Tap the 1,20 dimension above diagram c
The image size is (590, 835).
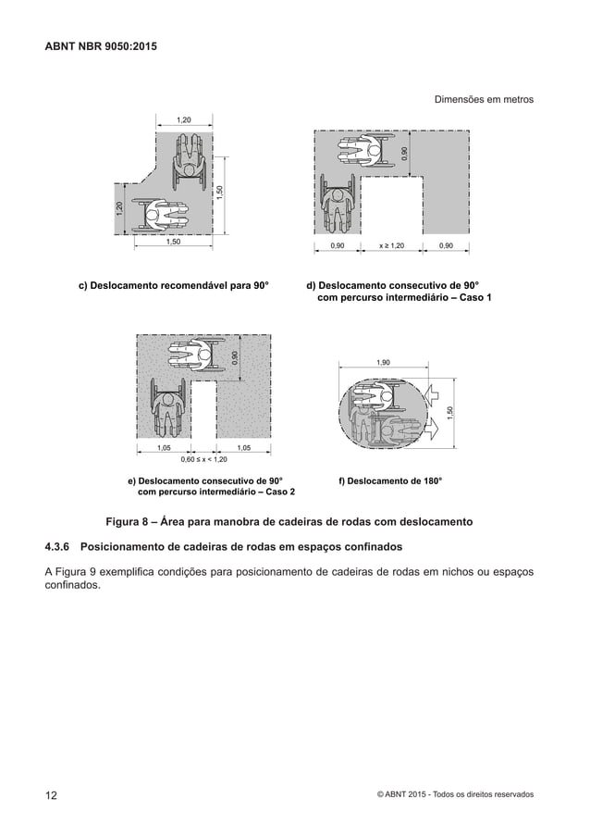(x=184, y=119)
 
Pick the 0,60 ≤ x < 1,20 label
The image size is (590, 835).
(x=203, y=459)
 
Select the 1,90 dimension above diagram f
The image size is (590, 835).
(x=383, y=363)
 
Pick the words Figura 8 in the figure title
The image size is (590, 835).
(x=138, y=522)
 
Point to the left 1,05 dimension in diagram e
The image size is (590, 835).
(x=167, y=447)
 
